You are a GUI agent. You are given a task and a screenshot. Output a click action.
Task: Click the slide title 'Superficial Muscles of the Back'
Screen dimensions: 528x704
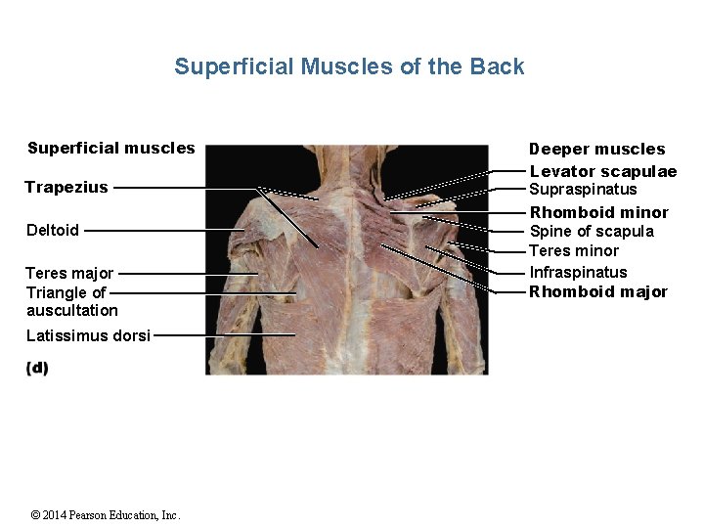[x=349, y=66]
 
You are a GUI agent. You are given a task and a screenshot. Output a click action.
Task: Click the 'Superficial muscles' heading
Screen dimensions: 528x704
[x=111, y=149]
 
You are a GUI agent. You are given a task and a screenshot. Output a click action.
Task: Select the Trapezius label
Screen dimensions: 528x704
[x=66, y=187]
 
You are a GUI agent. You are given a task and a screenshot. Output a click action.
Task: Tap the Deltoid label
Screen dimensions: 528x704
[x=53, y=231]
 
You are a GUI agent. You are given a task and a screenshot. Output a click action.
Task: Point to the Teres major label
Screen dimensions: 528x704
[x=69, y=273]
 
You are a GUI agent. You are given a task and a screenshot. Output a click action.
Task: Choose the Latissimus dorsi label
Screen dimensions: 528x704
[x=88, y=335]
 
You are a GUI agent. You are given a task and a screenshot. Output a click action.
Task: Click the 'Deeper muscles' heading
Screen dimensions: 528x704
[x=596, y=149]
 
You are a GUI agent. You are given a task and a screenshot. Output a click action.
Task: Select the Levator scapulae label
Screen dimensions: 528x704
[x=602, y=171]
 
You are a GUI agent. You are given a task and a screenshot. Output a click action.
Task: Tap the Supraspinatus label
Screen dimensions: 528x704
[x=583, y=190]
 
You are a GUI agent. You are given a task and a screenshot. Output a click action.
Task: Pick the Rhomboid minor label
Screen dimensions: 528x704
[x=598, y=212]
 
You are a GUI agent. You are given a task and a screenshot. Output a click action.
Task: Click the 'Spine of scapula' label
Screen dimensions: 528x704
[x=592, y=232]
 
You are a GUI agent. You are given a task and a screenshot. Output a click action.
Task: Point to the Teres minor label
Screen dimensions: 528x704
[x=574, y=251]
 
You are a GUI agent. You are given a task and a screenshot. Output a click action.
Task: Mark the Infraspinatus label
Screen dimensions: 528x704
[x=578, y=272]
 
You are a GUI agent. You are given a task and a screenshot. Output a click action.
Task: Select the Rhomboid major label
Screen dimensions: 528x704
[x=598, y=291]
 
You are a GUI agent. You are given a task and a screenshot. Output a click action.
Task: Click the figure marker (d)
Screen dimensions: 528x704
[x=37, y=368]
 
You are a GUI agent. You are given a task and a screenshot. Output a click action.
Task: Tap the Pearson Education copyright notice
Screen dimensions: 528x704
[x=106, y=515]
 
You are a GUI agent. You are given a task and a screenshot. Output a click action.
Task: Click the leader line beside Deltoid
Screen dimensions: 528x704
[x=161, y=231]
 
